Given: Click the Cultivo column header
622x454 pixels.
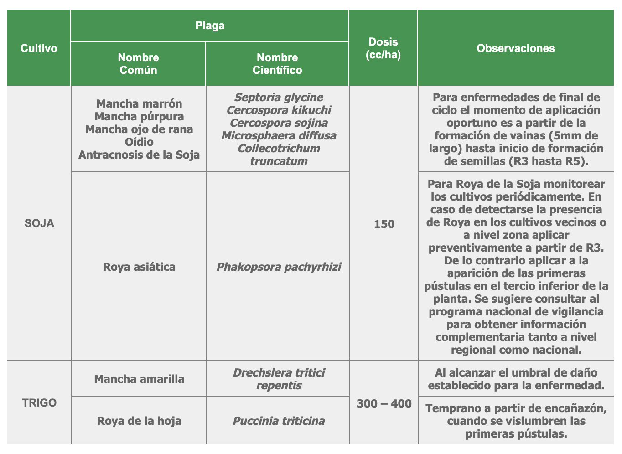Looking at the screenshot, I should [x=39, y=48].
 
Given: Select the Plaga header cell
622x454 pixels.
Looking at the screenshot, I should [x=210, y=26].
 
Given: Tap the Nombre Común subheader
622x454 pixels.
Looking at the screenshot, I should [x=138, y=63].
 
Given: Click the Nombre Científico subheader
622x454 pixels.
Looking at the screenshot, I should [x=277, y=63].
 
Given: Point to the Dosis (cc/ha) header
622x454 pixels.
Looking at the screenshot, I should [x=383, y=48].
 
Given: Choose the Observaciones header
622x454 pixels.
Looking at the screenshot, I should [x=516, y=48].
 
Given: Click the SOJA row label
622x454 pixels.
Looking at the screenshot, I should [x=39, y=223].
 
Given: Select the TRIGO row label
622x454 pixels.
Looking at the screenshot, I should [x=39, y=403].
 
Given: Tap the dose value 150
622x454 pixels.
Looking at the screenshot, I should [x=384, y=224].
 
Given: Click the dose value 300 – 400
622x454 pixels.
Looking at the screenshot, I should [x=384, y=403].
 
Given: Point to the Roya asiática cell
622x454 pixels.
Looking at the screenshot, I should [x=139, y=267].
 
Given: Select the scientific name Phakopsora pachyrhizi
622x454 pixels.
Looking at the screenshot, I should [x=279, y=267].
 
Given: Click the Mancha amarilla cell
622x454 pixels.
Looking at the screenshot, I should [x=139, y=379].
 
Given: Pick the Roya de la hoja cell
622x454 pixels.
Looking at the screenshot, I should [x=139, y=421].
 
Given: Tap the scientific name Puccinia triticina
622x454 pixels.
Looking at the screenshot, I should [x=279, y=421].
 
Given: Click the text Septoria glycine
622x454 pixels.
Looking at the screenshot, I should [x=279, y=97].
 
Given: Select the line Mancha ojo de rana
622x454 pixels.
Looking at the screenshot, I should [x=139, y=129].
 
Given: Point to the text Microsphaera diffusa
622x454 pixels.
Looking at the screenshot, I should [x=279, y=136].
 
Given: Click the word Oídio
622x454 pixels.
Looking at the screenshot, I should [x=139, y=142].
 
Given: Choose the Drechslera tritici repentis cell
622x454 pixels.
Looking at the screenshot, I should [x=279, y=379].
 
